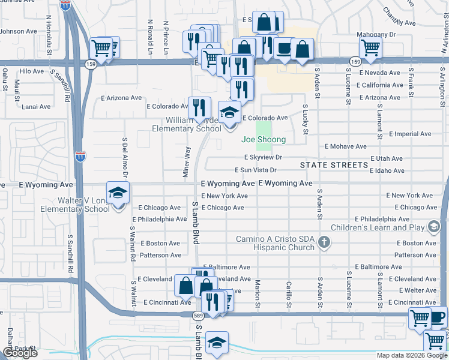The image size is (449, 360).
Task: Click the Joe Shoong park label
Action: click(263, 140)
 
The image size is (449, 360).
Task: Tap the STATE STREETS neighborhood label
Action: click(334, 165)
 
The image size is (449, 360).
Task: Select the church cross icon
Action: click(324, 242)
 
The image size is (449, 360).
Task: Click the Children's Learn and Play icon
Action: click(433, 227)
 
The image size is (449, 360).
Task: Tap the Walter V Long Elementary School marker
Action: click(118, 194)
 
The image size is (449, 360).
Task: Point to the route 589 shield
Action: click(197, 316)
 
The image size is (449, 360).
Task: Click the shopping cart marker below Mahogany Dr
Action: click(371, 48)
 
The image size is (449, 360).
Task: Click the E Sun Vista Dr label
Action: click(256, 170)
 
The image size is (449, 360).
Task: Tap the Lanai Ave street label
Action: click(36, 107)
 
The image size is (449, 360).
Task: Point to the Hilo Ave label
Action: click(32, 71)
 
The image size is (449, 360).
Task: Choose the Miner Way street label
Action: click(187, 160)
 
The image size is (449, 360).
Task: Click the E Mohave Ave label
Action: click(345, 146)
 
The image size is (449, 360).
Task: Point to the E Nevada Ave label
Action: click(379, 73)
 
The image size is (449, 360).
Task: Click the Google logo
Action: click(20, 353)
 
